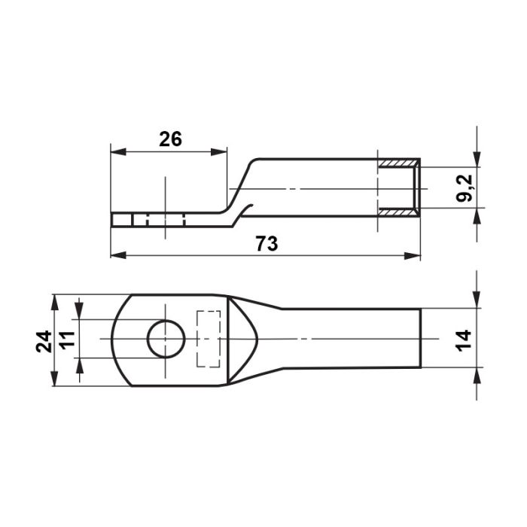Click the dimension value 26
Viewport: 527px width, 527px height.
(x=170, y=139)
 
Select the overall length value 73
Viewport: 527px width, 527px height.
(x=267, y=243)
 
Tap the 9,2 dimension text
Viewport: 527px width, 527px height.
(x=465, y=188)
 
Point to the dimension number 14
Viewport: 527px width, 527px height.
(x=464, y=340)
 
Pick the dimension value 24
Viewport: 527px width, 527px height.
(x=44, y=342)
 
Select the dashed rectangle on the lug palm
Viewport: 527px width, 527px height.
(x=209, y=339)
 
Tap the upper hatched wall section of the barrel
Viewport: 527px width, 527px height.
(x=398, y=163)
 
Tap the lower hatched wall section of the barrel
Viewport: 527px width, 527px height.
(x=398, y=212)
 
